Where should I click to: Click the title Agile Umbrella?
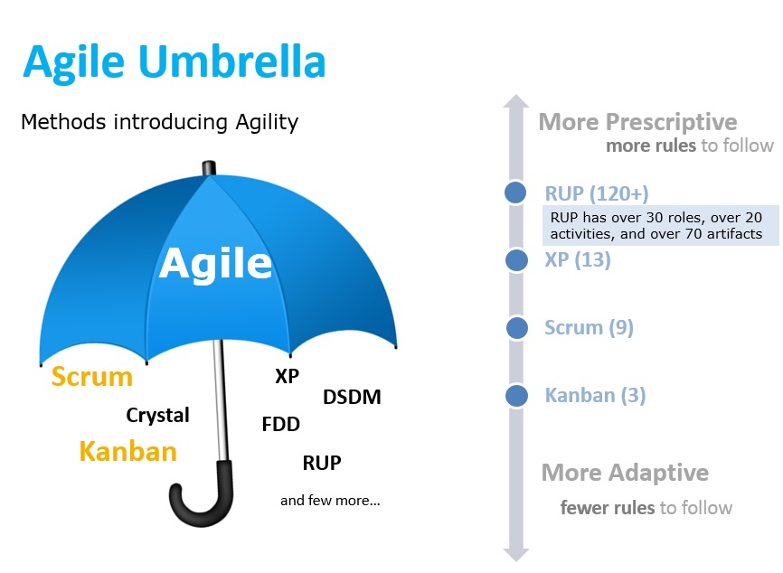(175, 61)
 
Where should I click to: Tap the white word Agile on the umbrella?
(215, 264)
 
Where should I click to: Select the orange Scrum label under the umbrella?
(92, 376)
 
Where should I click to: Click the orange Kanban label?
(127, 451)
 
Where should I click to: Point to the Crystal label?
(158, 415)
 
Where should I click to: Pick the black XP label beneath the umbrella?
(288, 376)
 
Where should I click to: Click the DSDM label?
(352, 398)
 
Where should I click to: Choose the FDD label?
(281, 424)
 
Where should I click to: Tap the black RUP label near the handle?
(322, 463)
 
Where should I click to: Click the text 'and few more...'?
(330, 500)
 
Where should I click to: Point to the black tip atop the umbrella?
(209, 168)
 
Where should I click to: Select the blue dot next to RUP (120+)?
(515, 193)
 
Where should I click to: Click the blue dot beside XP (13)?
(516, 260)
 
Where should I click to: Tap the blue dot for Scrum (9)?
(517, 328)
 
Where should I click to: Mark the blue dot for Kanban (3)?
(516, 396)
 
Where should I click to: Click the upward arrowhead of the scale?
(516, 101)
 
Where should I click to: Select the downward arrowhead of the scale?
(516, 555)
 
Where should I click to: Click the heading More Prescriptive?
(637, 122)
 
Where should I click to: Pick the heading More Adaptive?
(625, 473)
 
